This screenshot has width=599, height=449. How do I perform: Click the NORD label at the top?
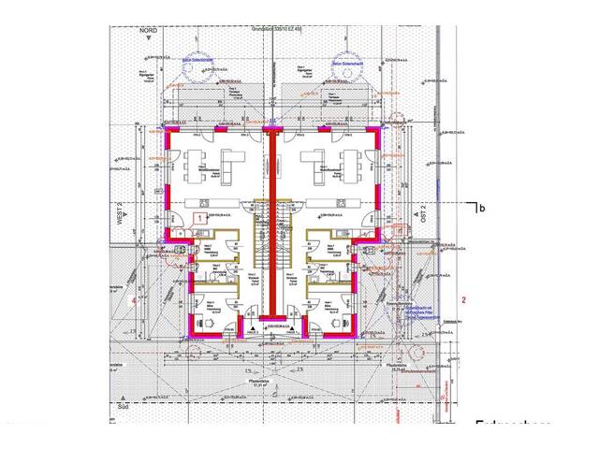(146, 30)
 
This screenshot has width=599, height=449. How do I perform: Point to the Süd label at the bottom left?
(121, 407)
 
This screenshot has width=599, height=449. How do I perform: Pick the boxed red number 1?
(198, 216)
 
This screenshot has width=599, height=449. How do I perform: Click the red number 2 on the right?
(463, 299)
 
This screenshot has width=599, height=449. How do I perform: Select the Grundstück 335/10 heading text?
(271, 30)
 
